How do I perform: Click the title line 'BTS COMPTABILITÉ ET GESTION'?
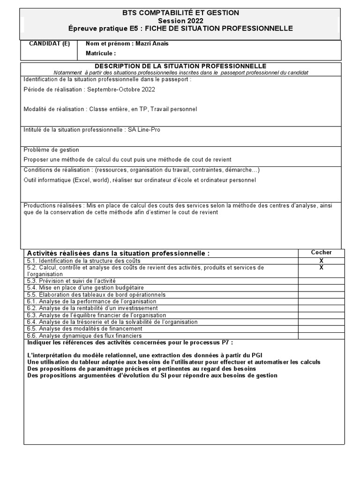(x=180, y=13)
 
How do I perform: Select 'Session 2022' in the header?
(x=180, y=21)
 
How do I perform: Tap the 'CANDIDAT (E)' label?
(x=50, y=44)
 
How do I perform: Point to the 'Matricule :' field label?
(x=100, y=53)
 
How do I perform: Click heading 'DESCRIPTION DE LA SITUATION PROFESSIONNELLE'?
(x=180, y=66)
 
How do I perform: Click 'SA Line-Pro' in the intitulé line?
(x=144, y=130)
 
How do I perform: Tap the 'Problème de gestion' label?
(x=51, y=150)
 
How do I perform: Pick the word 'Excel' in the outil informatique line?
(x=82, y=180)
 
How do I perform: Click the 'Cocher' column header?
(x=321, y=253)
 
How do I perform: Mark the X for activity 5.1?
(x=321, y=261)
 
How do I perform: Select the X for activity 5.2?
(x=321, y=268)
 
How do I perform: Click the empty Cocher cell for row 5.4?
(x=321, y=287)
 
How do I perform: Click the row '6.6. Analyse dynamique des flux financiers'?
(x=84, y=336)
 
